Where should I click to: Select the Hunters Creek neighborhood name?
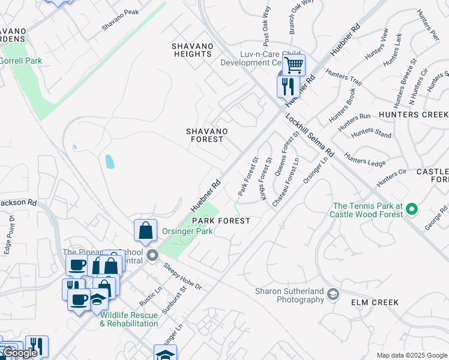[x=414, y=114]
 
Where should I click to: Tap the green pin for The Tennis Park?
[x=411, y=209]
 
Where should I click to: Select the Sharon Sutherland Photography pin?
[x=333, y=293]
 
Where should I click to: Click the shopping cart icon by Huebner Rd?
[x=294, y=64]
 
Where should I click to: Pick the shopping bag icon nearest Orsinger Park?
[x=145, y=230]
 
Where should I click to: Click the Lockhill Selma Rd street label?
[x=310, y=136]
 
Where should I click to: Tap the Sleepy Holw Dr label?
[x=182, y=277]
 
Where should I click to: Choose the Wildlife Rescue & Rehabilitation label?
[x=129, y=319]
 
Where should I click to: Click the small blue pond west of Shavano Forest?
[x=109, y=161]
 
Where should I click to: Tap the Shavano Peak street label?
[x=120, y=20]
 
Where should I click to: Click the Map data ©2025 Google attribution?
[x=411, y=355]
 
